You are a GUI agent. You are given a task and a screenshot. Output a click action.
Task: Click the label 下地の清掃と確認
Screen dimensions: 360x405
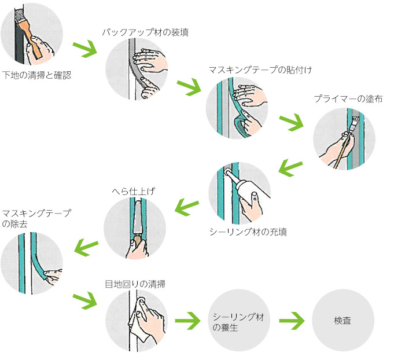[x=36, y=75]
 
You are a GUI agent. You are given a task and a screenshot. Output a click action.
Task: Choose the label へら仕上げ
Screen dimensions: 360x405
[x=134, y=190]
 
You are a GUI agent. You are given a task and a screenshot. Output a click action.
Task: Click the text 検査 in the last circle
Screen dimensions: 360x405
[x=343, y=320]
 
